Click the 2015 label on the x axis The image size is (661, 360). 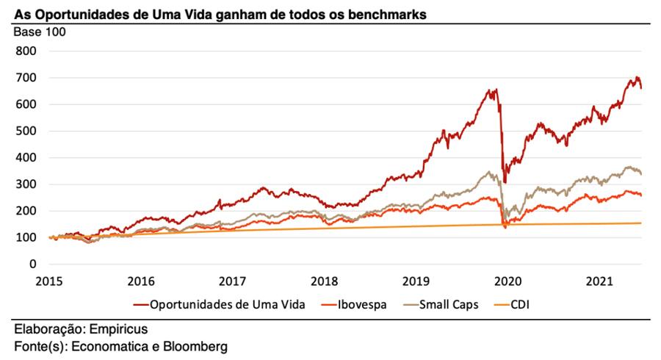(x=48, y=281)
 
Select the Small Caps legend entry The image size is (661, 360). (x=448, y=303)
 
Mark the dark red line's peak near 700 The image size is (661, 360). (x=637, y=77)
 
